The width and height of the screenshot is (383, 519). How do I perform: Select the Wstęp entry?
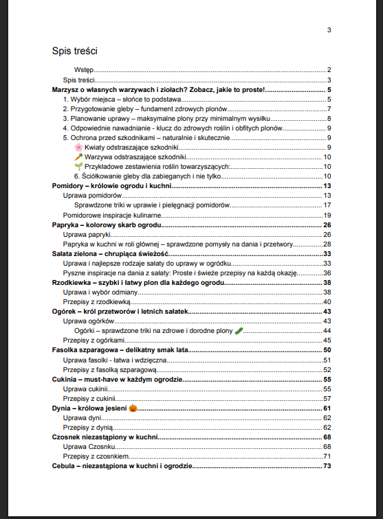click(84, 70)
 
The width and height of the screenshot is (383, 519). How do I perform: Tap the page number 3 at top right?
click(329, 30)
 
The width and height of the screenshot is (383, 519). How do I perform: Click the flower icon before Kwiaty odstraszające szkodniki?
click(78, 147)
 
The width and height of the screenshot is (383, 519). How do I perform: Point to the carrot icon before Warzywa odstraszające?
click(78, 157)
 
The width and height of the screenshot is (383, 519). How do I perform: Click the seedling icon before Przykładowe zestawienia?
click(78, 166)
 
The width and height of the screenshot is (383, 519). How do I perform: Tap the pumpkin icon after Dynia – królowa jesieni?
click(133, 408)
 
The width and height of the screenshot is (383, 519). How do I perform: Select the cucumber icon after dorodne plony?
click(239, 330)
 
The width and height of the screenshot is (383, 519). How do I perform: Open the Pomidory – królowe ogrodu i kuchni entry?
click(111, 186)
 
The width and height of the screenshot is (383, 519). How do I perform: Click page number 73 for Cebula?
click(327, 465)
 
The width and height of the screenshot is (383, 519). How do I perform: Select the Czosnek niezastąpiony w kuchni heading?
click(105, 437)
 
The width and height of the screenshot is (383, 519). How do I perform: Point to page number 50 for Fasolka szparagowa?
click(327, 350)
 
